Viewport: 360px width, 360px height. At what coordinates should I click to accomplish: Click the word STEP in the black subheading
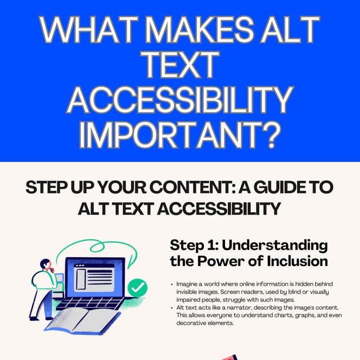tap(47, 188)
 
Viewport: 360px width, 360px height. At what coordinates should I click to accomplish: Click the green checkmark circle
tap(137, 288)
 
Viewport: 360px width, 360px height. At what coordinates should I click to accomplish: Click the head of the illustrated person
tap(46, 264)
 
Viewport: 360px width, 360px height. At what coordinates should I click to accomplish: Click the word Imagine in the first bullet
tap(189, 285)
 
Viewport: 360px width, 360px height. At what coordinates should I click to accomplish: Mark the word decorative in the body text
tap(194, 323)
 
